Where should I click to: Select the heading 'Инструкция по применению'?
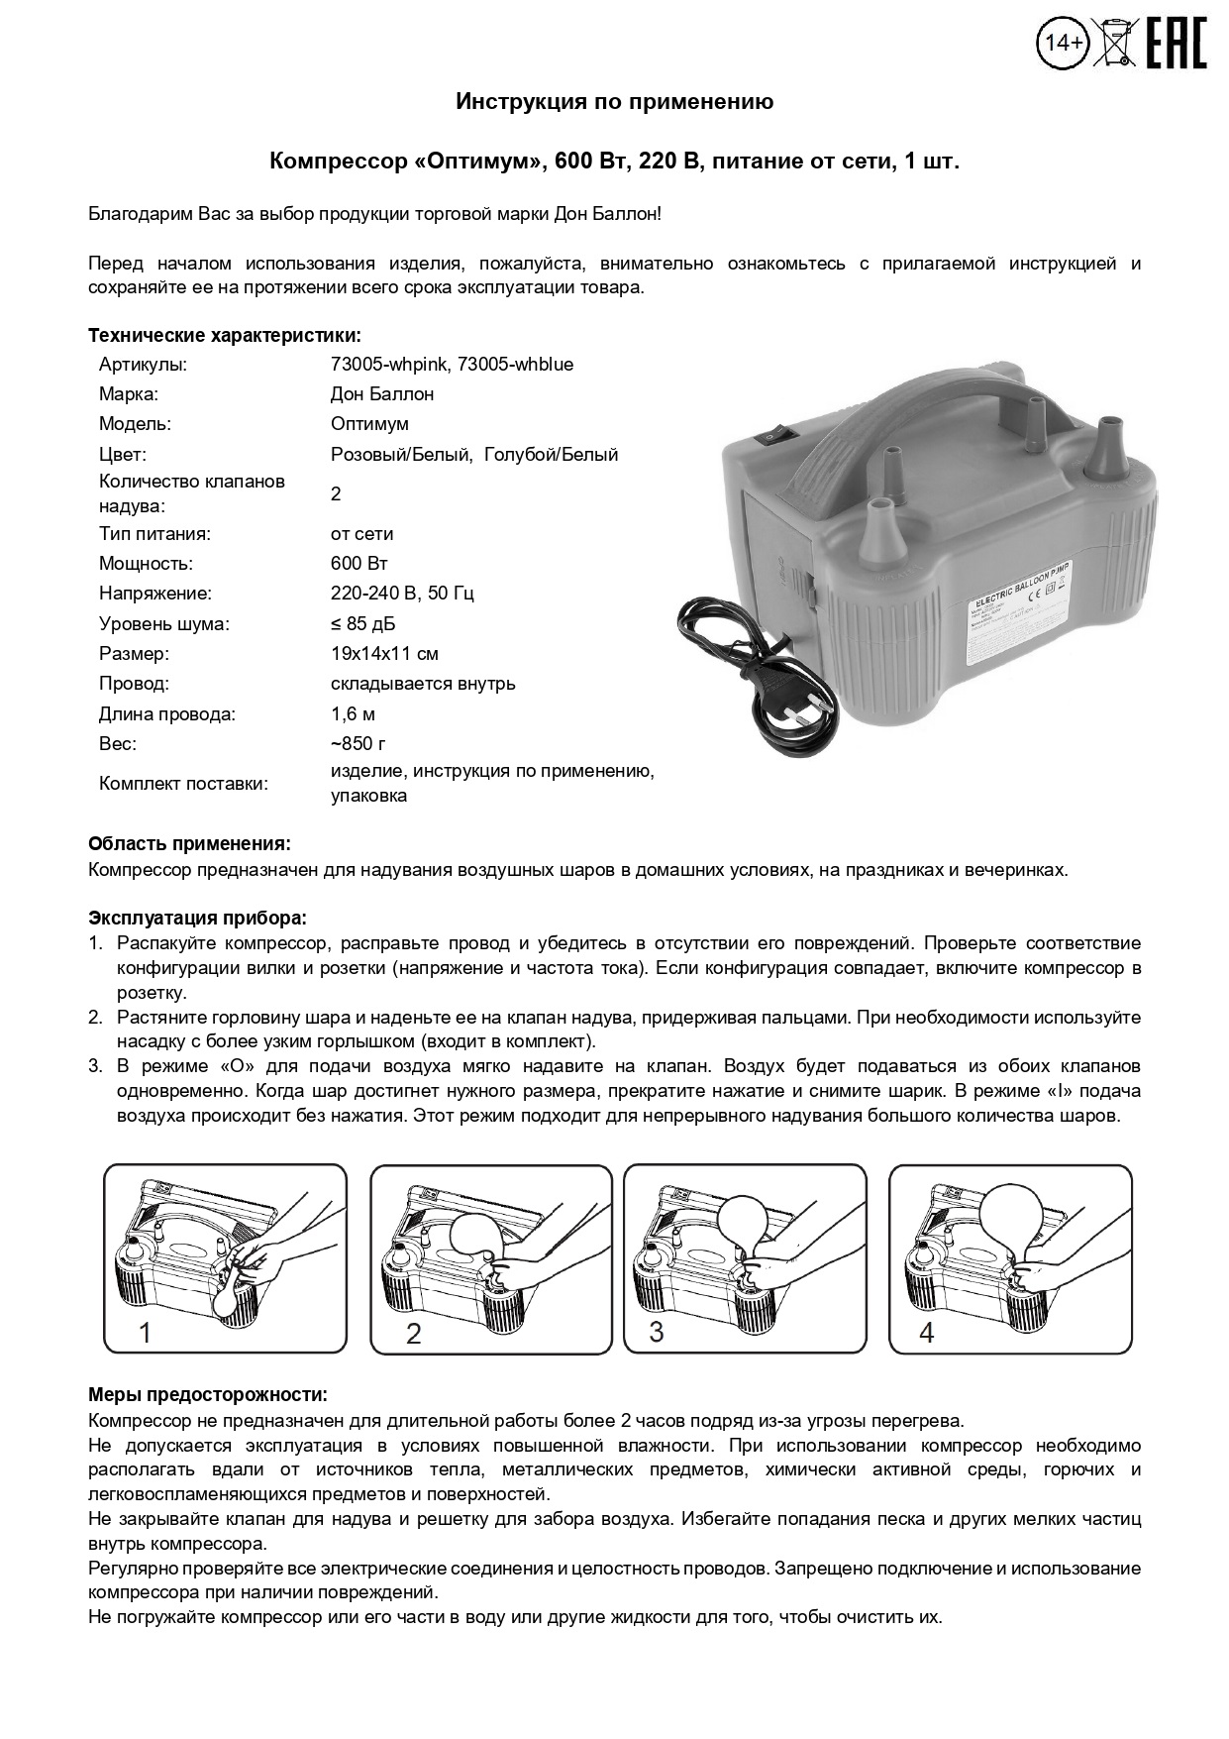pyautogui.click(x=614, y=101)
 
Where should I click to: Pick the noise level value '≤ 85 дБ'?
pyautogui.click(x=363, y=624)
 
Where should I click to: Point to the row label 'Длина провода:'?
pyautogui.click(x=167, y=714)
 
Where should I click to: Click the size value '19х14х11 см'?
pyautogui.click(x=384, y=654)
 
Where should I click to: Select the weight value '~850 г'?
pyautogui.click(x=358, y=744)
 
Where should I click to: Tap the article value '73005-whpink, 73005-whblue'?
pyautogui.click(x=452, y=364)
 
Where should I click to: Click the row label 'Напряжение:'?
pyautogui.click(x=155, y=594)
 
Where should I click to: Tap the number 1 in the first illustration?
pyautogui.click(x=145, y=1333)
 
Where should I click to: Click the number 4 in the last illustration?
pyautogui.click(x=927, y=1333)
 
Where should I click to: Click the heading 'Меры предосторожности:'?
pyautogui.click(x=207, y=1395)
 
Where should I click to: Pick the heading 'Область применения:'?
pyautogui.click(x=189, y=844)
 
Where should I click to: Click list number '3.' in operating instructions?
pyautogui.click(x=95, y=1067)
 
